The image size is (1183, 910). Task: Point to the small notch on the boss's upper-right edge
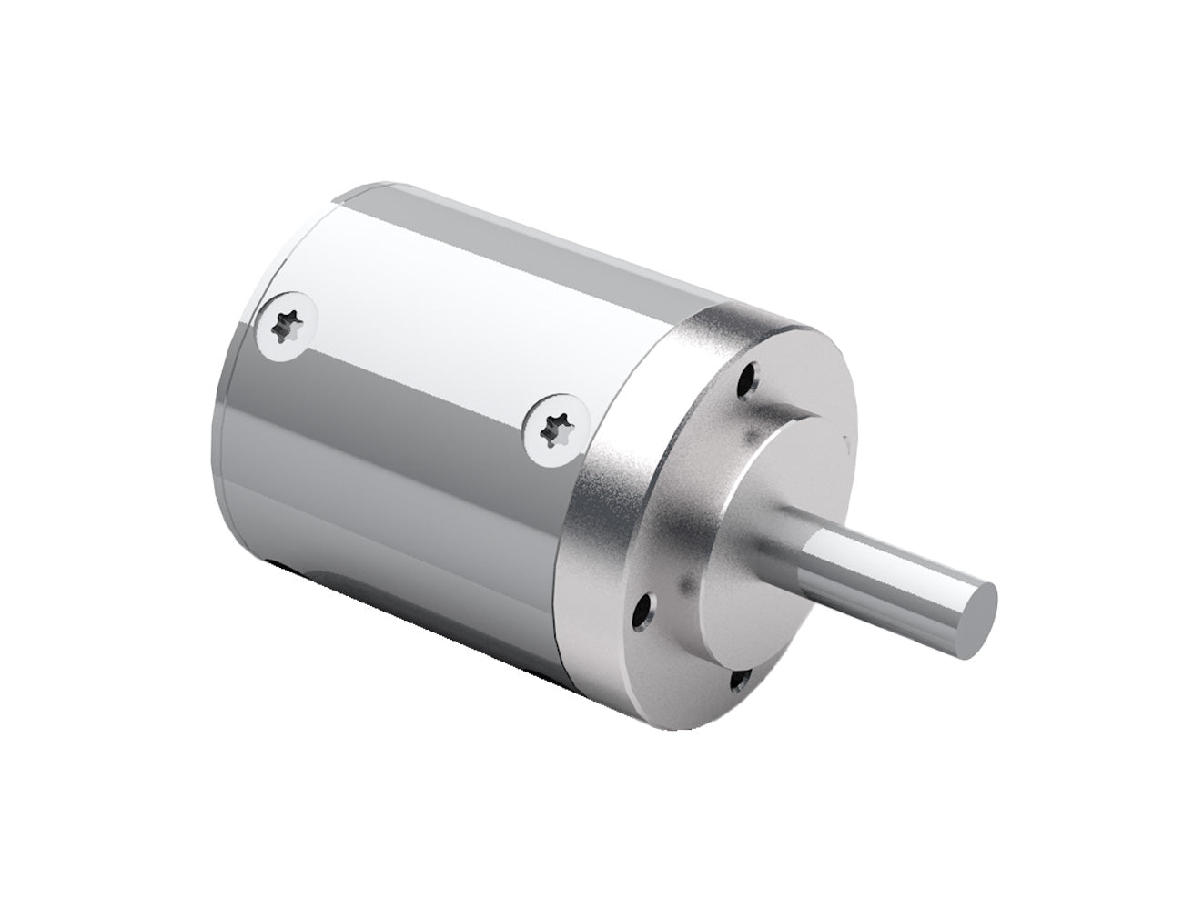[846, 443]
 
